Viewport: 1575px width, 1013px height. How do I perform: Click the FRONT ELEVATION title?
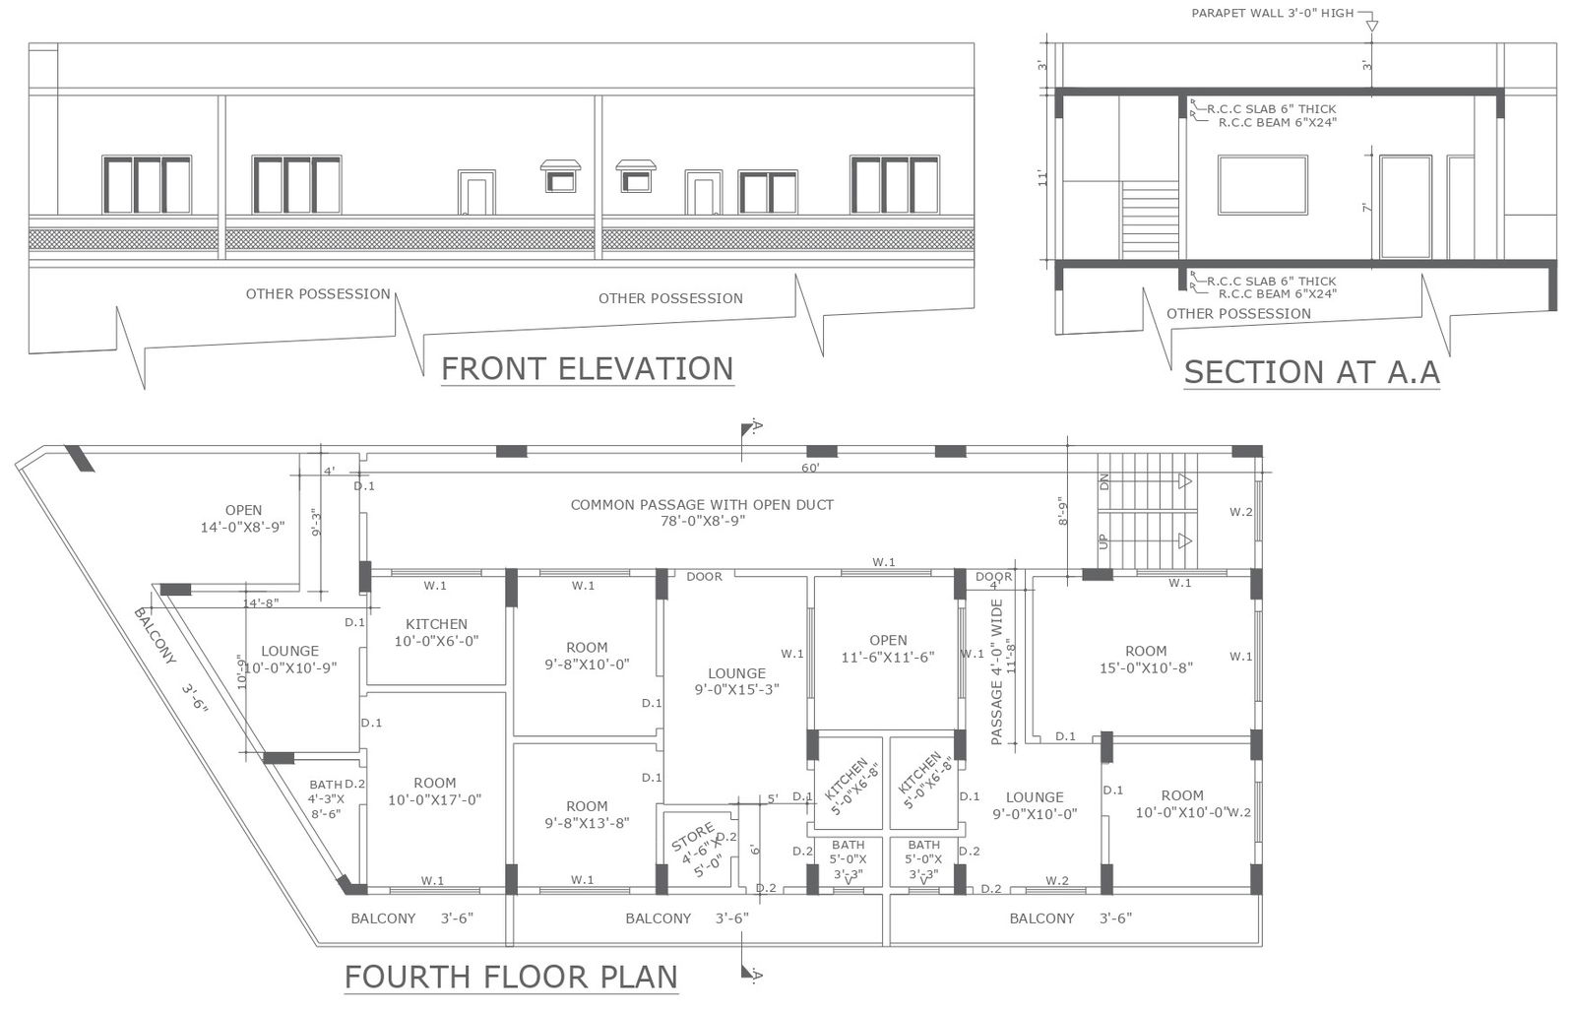click(x=587, y=369)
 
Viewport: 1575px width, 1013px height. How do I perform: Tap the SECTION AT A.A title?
click(x=1312, y=372)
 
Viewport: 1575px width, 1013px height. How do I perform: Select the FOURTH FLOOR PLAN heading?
click(x=511, y=978)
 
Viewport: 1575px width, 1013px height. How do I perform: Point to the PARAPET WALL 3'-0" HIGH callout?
click(x=1273, y=14)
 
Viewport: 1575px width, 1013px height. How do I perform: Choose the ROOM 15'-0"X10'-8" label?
click(x=1146, y=660)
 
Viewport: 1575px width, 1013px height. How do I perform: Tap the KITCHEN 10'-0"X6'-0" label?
click(x=436, y=632)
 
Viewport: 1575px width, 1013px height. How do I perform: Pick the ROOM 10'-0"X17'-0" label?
click(x=434, y=791)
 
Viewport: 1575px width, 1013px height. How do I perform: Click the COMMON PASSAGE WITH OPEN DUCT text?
click(x=702, y=505)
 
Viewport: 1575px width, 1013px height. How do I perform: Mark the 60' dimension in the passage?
click(x=810, y=469)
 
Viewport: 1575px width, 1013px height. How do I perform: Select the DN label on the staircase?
click(x=1103, y=482)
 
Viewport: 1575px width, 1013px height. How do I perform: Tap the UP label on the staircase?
click(x=1102, y=541)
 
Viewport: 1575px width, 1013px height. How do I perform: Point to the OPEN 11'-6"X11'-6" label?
click(x=888, y=649)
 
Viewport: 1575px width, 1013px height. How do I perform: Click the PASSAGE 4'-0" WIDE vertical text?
click(x=996, y=672)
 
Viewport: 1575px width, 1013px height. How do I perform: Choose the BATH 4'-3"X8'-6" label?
click(x=326, y=798)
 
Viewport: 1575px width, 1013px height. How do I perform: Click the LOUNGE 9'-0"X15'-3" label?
click(x=737, y=681)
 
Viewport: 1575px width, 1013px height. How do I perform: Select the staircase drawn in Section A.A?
click(x=1150, y=221)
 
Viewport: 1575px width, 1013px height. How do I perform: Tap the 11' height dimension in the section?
click(x=1042, y=178)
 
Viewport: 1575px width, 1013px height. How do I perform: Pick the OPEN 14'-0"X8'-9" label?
click(x=243, y=518)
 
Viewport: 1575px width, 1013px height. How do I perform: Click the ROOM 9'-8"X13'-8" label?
click(x=587, y=814)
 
